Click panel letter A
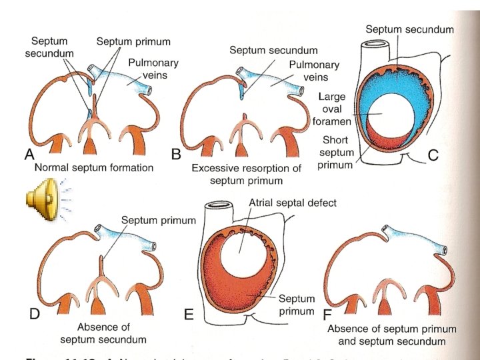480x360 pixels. pos(29,155)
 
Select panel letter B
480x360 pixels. pos(177,155)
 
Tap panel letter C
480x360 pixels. pos(433,156)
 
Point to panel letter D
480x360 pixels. pos(29,314)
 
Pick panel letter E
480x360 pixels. pos(189,315)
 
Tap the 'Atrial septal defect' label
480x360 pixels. pos(292,203)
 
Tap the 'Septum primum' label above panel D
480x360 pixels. pos(158,220)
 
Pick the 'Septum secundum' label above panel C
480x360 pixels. pos(410,29)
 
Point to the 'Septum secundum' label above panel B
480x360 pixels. pos(273,49)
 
